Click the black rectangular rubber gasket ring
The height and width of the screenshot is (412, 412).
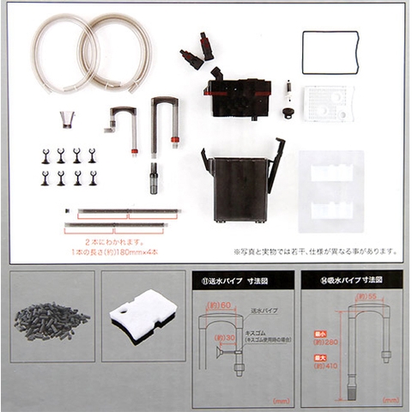[330, 33]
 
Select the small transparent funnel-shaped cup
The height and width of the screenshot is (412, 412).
[66, 118]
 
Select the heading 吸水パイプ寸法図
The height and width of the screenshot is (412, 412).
[348, 282]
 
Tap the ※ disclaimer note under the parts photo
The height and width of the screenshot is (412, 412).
[314, 251]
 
